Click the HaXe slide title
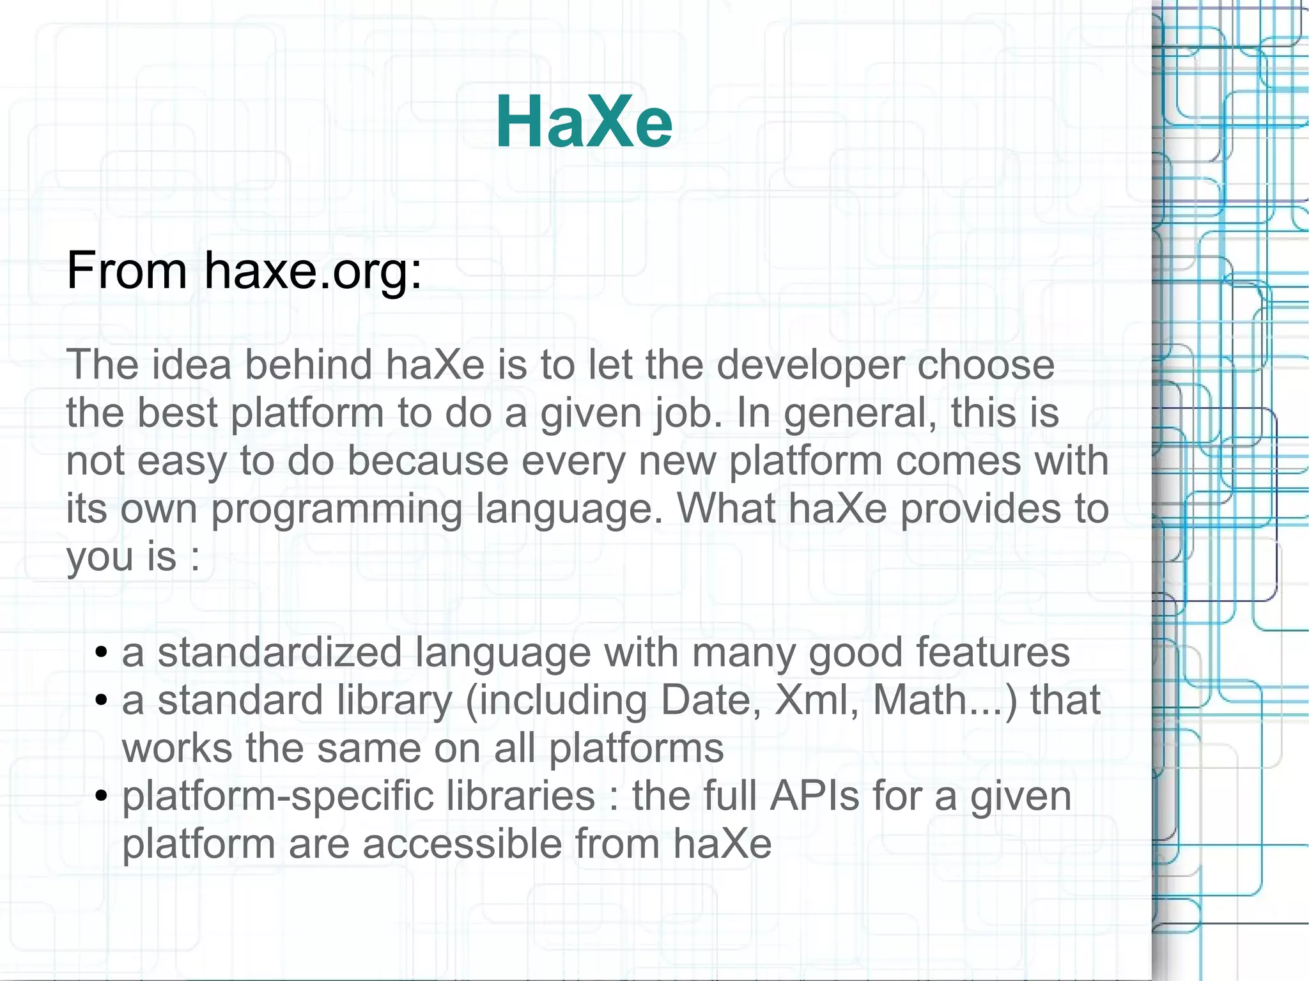(x=584, y=121)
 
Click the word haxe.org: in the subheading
(x=313, y=271)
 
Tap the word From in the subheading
(x=127, y=271)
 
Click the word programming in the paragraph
(x=336, y=510)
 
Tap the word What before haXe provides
(x=725, y=509)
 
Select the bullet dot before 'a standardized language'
(x=100, y=653)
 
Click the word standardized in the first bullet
(x=279, y=653)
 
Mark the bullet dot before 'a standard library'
(x=100, y=701)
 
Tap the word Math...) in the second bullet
(x=945, y=700)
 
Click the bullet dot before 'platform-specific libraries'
(x=100, y=797)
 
